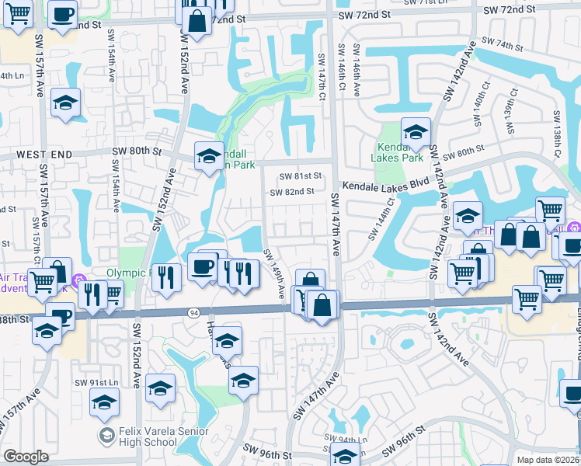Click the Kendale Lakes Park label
[x=400, y=152]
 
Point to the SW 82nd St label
[x=292, y=192]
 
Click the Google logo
[x=26, y=457]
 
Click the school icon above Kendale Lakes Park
[x=416, y=131]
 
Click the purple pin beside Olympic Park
[x=76, y=280]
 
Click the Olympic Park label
[x=126, y=273]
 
